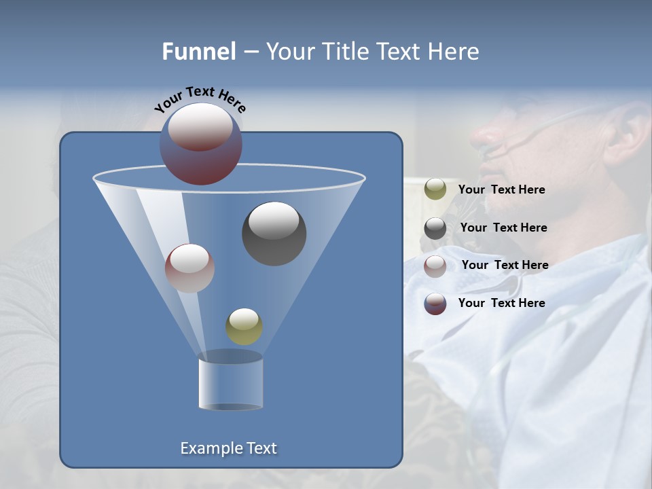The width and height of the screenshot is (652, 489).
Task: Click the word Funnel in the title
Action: (x=199, y=52)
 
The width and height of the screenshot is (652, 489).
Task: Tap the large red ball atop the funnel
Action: (x=201, y=143)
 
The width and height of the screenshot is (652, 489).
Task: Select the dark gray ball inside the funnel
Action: (x=274, y=234)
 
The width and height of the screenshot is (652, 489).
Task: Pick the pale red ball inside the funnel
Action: (x=189, y=268)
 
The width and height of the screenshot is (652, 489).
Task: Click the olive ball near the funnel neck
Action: (x=244, y=327)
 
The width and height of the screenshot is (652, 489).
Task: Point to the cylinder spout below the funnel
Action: (x=230, y=382)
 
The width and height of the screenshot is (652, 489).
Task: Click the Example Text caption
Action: (x=228, y=448)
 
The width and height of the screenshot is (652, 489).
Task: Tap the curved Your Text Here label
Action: (x=200, y=98)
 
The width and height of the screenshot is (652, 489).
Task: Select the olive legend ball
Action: (x=435, y=189)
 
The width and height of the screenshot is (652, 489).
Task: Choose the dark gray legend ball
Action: (x=435, y=228)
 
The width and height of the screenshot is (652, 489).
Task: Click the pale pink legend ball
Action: (x=435, y=266)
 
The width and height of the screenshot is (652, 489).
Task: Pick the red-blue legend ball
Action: (x=435, y=304)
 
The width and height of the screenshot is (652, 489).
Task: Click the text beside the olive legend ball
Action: (x=501, y=190)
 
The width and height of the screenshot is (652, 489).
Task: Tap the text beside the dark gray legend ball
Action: (x=503, y=228)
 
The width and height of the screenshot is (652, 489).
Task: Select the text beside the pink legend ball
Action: (x=505, y=266)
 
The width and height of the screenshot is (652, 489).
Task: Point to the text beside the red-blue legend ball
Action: (x=501, y=304)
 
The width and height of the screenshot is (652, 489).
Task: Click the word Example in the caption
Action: (x=208, y=448)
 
